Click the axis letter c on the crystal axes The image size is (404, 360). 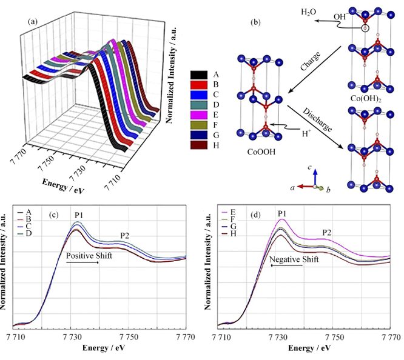309,168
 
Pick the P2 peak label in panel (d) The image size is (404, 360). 327,232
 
